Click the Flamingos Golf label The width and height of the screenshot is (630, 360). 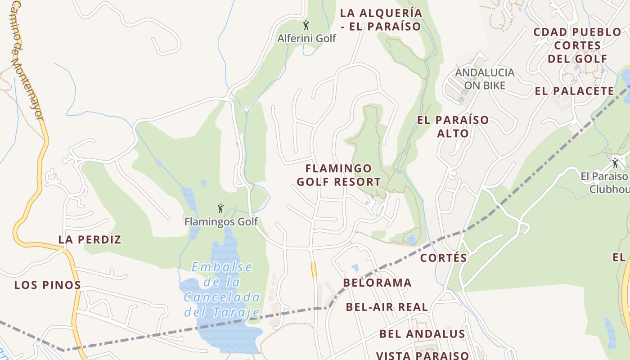tap(221, 221)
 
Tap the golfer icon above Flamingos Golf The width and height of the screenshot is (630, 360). tap(220, 208)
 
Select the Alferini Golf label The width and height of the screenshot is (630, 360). tap(306, 38)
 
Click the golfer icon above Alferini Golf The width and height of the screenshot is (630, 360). tap(306, 25)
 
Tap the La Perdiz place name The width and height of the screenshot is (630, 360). tap(90, 239)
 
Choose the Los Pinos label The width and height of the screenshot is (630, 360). tap(48, 285)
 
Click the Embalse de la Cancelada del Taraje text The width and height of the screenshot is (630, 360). tap(222, 289)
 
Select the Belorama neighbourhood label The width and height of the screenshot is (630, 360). tap(377, 283)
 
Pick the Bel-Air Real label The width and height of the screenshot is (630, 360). tap(387, 307)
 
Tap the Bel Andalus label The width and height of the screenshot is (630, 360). tap(422, 333)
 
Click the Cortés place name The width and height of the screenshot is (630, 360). tap(443, 258)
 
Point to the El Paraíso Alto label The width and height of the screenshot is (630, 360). tap(453, 126)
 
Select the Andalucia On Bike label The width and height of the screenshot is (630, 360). tap(485, 79)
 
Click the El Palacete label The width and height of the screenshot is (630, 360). tap(574, 91)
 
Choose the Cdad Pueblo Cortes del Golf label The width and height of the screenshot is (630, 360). tap(577, 45)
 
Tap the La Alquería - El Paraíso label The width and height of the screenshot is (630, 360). tap(381, 19)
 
